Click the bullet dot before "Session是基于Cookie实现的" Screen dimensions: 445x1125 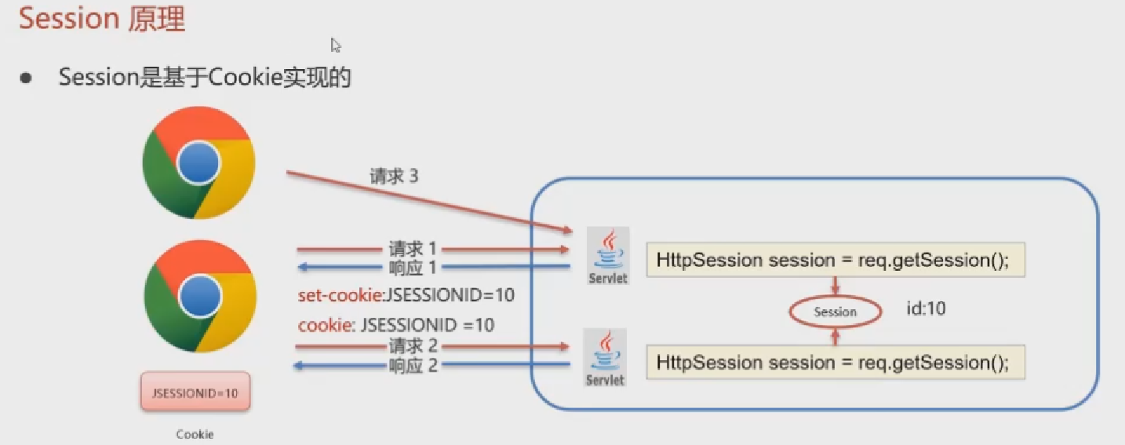coord(27,78)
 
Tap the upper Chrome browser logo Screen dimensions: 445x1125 coord(198,162)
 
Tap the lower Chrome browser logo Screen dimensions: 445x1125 coord(200,296)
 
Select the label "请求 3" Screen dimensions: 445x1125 coord(394,176)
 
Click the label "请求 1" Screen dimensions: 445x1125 coord(413,249)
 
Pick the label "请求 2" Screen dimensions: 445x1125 coord(413,345)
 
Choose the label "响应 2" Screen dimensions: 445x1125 coord(413,365)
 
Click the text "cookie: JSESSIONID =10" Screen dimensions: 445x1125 coord(396,324)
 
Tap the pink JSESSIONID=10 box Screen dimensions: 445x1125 coord(195,392)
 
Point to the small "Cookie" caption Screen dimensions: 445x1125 coord(195,434)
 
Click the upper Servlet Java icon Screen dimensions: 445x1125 coord(608,255)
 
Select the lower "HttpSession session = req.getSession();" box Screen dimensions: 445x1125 coord(835,363)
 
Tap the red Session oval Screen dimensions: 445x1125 coord(835,312)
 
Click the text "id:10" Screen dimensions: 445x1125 coord(926,309)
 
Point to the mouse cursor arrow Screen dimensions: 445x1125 coord(335,45)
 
